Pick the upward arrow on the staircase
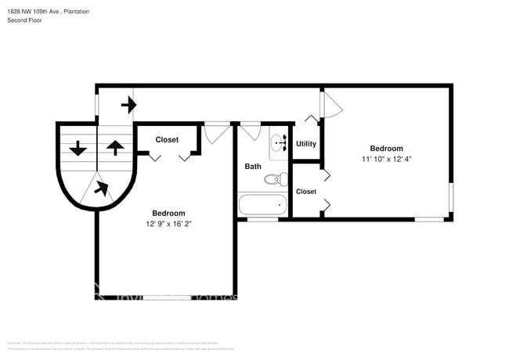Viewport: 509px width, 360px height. tap(114, 147)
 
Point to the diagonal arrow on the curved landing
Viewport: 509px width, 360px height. tap(101, 187)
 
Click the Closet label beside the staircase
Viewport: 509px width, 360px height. tap(166, 140)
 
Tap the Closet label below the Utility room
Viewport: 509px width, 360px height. tap(306, 192)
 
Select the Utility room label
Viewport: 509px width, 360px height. tap(306, 144)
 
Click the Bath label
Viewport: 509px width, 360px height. tap(253, 166)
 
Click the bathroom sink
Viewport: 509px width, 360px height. tap(278, 143)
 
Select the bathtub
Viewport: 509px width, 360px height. tap(262, 207)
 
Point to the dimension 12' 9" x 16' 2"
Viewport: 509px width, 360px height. tap(168, 224)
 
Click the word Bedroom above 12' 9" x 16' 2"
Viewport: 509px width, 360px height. tap(168, 213)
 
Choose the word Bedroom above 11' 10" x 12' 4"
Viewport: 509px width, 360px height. tap(386, 149)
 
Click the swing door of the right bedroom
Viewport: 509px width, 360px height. tap(331, 103)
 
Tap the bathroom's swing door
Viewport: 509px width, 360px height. tap(251, 131)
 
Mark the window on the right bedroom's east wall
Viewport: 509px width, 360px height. tap(450, 198)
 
